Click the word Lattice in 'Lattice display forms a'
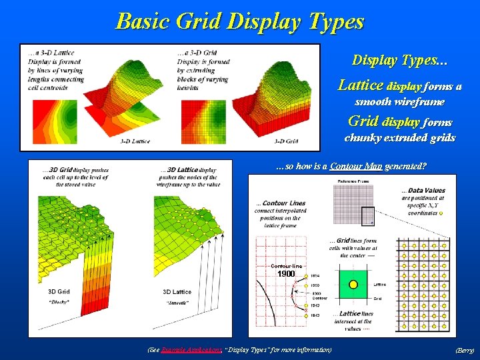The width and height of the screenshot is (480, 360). tap(361, 85)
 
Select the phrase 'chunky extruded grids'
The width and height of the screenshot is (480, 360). tap(399, 138)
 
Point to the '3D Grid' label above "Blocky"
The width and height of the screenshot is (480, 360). tap(59, 292)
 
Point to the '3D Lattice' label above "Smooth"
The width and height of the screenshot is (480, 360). tap(177, 292)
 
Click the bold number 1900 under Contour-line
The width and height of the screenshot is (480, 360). tap(286, 274)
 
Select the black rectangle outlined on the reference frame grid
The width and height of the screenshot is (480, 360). tap(367, 215)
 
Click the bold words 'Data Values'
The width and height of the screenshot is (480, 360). tap(427, 191)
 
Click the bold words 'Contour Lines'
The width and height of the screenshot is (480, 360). tap(284, 203)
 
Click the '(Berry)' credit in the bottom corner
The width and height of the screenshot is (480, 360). tap(464, 350)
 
